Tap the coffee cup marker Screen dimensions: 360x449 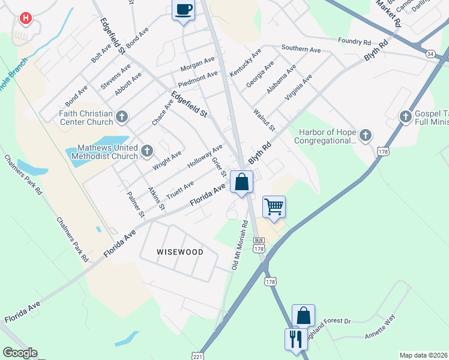pyautogui.click(x=184, y=10)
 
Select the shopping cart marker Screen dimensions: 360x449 pyautogui.click(x=274, y=207)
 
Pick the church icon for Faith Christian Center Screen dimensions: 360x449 pyautogui.click(x=122, y=116)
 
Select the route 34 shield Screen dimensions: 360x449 pyautogui.click(x=430, y=54)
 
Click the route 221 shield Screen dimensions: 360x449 pyautogui.click(x=197, y=355)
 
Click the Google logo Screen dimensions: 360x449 pyautogui.click(x=20, y=353)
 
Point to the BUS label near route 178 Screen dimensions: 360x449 pyautogui.click(x=259, y=239)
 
